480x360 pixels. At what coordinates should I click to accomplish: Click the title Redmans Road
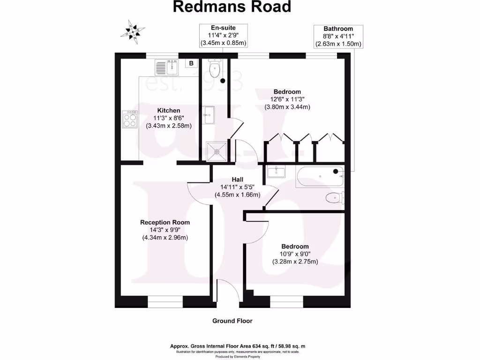(232, 7)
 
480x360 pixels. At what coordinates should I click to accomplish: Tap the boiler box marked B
(191, 63)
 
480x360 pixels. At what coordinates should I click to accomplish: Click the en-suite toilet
(214, 69)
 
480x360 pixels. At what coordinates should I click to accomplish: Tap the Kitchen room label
(169, 111)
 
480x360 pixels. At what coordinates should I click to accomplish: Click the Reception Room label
(165, 222)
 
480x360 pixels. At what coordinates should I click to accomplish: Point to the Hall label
(238, 179)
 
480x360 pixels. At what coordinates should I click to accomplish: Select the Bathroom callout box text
(338, 37)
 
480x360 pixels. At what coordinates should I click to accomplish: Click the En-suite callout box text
(223, 36)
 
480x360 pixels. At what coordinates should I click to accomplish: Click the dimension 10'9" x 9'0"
(295, 254)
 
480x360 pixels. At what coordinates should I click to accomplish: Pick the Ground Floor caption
(232, 321)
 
